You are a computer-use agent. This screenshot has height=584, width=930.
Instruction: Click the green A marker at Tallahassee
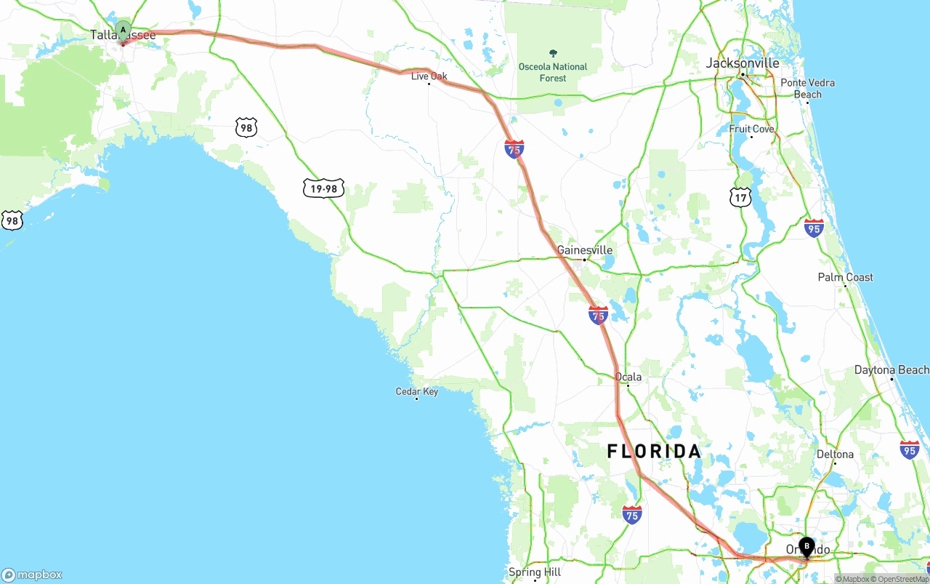click(x=123, y=31)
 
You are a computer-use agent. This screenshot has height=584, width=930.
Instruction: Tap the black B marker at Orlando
click(x=806, y=546)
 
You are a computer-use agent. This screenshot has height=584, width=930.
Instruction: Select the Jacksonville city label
click(x=743, y=63)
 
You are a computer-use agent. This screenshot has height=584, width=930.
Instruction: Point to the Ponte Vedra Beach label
click(x=807, y=89)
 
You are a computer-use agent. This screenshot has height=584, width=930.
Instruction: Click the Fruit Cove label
click(x=751, y=129)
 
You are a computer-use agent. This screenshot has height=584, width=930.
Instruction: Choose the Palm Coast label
click(x=845, y=277)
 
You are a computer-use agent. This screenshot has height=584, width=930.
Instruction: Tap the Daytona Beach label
click(x=891, y=370)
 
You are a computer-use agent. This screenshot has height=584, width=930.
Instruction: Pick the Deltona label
click(x=835, y=455)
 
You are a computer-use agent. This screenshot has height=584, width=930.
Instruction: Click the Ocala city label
click(x=628, y=377)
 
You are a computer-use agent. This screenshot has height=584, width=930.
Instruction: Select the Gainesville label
click(x=584, y=250)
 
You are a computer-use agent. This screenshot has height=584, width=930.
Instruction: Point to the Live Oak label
click(x=429, y=76)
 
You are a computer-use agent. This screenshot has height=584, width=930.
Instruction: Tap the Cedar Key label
click(x=416, y=391)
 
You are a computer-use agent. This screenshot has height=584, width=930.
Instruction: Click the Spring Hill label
click(x=535, y=572)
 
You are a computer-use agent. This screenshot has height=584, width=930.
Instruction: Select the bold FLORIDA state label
click(x=654, y=452)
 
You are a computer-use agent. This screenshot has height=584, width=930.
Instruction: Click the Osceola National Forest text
click(x=553, y=72)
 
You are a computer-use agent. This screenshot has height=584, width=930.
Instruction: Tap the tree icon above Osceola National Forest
click(x=553, y=53)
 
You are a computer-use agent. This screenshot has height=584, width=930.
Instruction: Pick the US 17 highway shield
click(x=740, y=196)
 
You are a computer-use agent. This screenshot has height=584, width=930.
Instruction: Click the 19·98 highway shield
click(x=323, y=188)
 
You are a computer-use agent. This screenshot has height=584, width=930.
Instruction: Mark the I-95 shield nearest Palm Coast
click(x=814, y=228)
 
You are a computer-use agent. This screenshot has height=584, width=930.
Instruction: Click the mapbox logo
click(x=31, y=575)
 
